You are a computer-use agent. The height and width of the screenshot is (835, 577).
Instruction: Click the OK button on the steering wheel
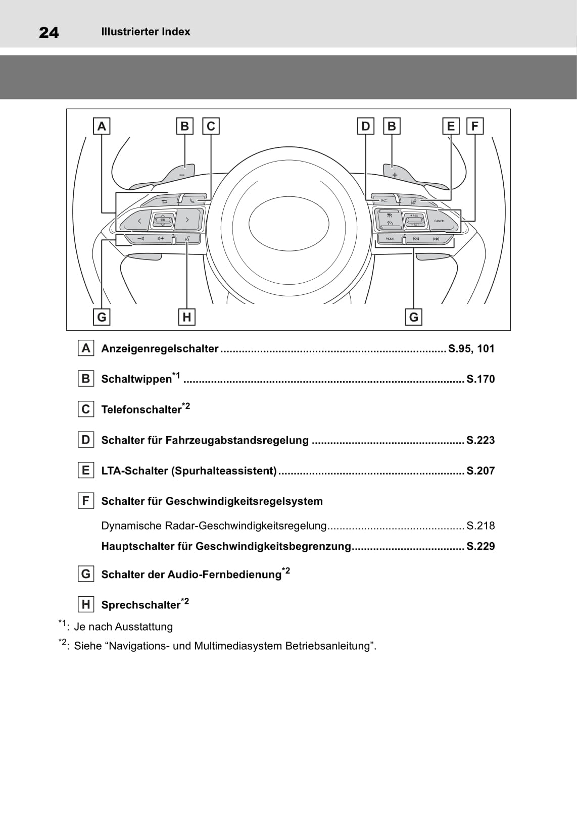[x=163, y=220]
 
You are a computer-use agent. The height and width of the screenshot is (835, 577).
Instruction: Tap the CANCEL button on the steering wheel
[x=439, y=221]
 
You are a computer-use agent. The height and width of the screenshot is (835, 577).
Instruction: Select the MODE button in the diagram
[x=390, y=239]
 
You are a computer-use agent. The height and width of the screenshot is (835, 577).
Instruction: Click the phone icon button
[x=193, y=200]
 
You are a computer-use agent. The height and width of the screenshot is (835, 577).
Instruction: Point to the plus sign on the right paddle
[x=395, y=175]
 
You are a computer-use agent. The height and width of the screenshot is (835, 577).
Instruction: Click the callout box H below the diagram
[x=187, y=317]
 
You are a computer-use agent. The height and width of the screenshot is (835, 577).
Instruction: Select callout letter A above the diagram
[x=102, y=126]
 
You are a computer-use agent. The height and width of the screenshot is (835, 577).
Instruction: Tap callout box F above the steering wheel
[x=474, y=126]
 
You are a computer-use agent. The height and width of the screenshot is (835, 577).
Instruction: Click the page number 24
[x=49, y=33]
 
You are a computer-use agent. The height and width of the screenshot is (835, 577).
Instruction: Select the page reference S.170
[x=480, y=379]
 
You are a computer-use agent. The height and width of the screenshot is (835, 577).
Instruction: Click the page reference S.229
[x=480, y=546]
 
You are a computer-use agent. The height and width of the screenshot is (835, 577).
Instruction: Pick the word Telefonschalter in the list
[x=141, y=409]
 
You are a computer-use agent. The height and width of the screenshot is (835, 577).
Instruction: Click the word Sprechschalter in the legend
[x=140, y=605]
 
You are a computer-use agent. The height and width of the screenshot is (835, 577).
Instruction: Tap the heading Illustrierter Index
[x=146, y=32]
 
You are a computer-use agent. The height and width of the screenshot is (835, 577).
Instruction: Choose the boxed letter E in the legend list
[x=85, y=471]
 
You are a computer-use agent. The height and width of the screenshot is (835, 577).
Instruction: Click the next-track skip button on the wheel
[x=436, y=239]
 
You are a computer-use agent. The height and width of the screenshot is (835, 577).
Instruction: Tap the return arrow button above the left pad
[x=164, y=201]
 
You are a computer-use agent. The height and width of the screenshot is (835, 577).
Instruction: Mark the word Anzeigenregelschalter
[x=160, y=348]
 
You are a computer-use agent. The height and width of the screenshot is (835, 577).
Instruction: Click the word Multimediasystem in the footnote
[x=238, y=646]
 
